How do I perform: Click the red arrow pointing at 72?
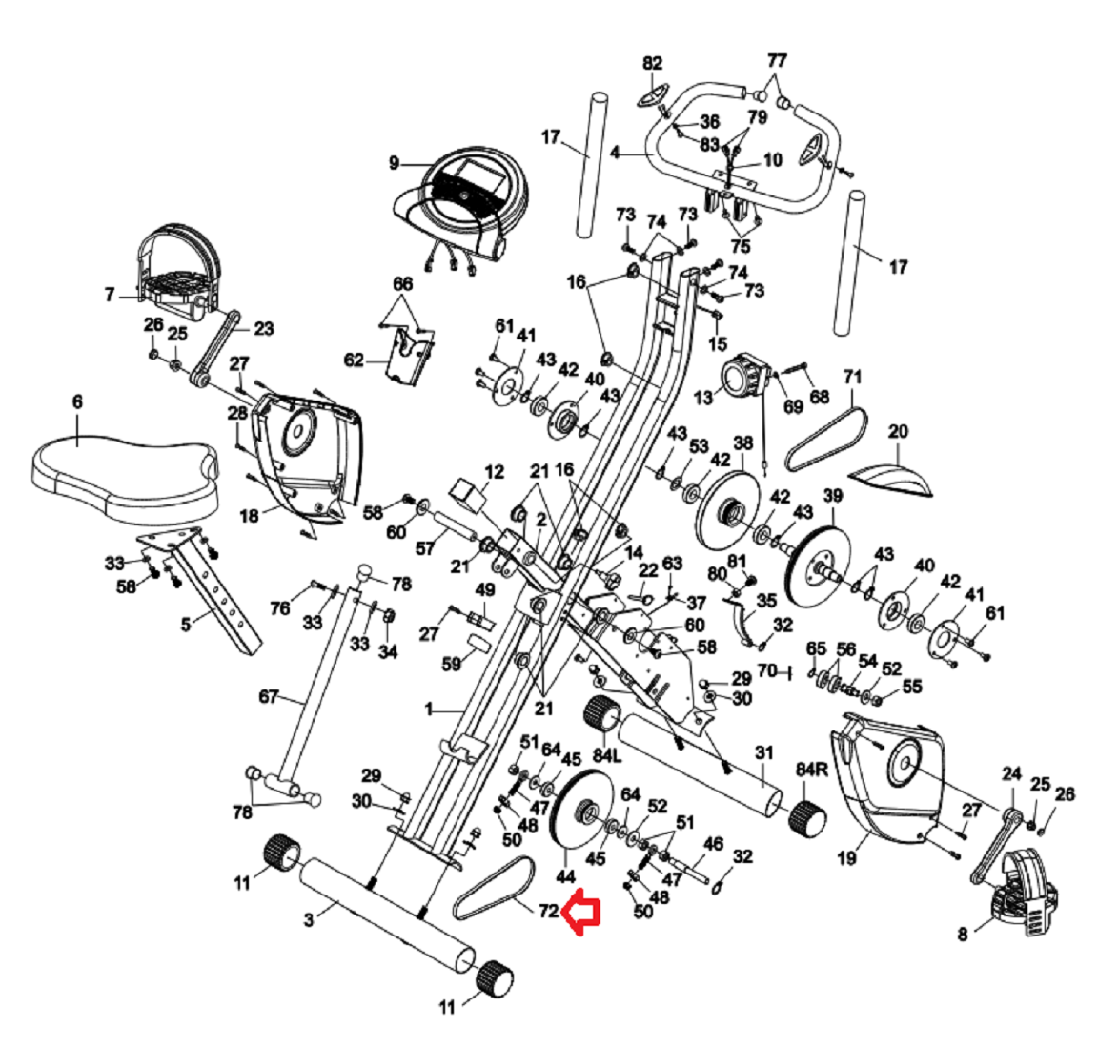pyautogui.click(x=580, y=914)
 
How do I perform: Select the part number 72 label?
pyautogui.click(x=547, y=910)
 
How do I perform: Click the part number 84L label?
pyautogui.click(x=606, y=756)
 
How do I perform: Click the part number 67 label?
pyautogui.click(x=269, y=697)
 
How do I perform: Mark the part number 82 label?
pyautogui.click(x=652, y=64)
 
